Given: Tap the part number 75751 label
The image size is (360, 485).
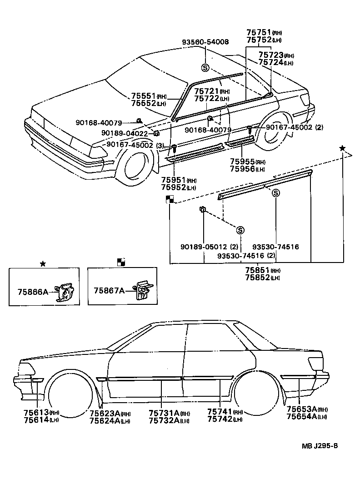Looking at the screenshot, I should pyautogui.click(x=258, y=32).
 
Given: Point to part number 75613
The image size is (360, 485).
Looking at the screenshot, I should pyautogui.click(x=35, y=412).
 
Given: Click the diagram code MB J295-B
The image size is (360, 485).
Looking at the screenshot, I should pyautogui.click(x=320, y=445).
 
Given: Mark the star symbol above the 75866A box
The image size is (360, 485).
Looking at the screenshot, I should pyautogui.click(x=43, y=263).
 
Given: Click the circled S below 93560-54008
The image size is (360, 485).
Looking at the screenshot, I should pyautogui.click(x=205, y=68).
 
